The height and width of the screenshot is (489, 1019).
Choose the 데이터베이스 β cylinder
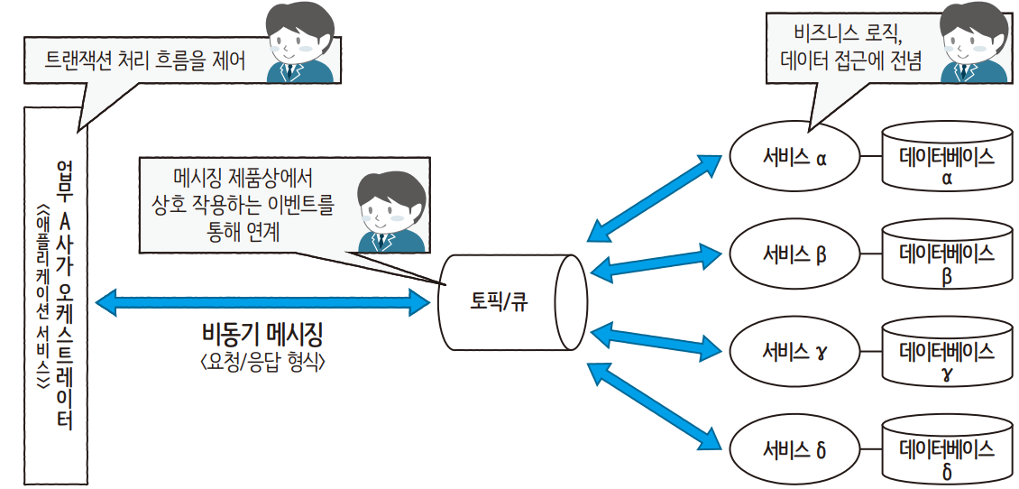pyautogui.click(x=946, y=259)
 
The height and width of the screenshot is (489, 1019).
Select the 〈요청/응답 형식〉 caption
pyautogui.click(x=262, y=363)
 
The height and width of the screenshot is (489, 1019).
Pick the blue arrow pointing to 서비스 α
pyautogui.click(x=654, y=198)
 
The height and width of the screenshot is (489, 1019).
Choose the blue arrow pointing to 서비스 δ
pyautogui.click(x=654, y=404)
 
